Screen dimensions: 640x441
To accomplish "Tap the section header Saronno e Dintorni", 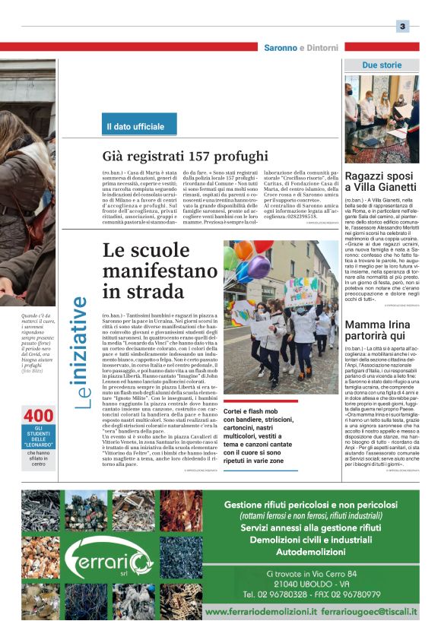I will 300,48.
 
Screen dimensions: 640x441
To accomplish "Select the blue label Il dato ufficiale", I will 139,125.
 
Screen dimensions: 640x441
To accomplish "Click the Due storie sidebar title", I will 381,65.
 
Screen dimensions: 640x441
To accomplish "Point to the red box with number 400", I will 39,417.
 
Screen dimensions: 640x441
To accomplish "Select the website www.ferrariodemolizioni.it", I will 260,611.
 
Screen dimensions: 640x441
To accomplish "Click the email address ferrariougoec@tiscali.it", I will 369,611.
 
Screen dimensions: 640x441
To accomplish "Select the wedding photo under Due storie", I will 381,119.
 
